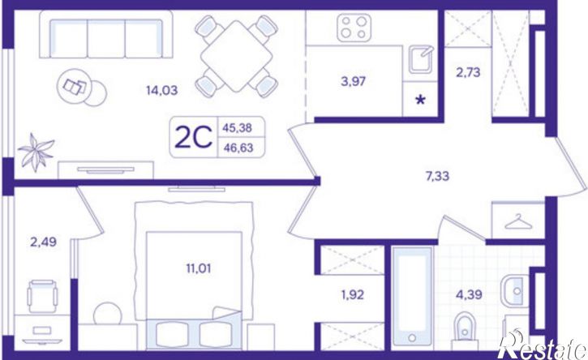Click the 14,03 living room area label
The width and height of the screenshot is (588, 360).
tap(161, 90)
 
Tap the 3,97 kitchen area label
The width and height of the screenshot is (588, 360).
tap(354, 81)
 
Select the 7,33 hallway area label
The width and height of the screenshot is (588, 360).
tap(437, 175)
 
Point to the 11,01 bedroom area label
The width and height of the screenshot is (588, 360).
tap(199, 268)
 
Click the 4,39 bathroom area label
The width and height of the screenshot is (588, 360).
tap(469, 294)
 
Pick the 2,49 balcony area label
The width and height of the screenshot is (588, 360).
tap(44, 242)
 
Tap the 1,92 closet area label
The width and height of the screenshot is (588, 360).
tap(353, 295)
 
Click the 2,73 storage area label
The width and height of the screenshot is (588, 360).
tap(468, 72)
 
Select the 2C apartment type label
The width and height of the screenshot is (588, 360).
tap(194, 137)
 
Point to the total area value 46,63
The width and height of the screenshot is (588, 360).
tap(238, 148)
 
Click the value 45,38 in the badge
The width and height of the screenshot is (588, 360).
tap(238, 128)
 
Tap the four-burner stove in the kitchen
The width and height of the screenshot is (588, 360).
tap(354, 28)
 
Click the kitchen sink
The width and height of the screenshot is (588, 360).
tap(421, 60)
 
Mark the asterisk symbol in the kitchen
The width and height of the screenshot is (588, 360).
tap(421, 100)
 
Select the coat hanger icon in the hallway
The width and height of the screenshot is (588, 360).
tap(518, 221)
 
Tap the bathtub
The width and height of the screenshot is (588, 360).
tap(412, 296)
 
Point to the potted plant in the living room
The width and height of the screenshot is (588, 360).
tap(36, 152)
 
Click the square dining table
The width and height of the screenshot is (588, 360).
tap(236, 56)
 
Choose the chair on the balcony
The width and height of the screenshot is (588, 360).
tap(42, 295)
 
